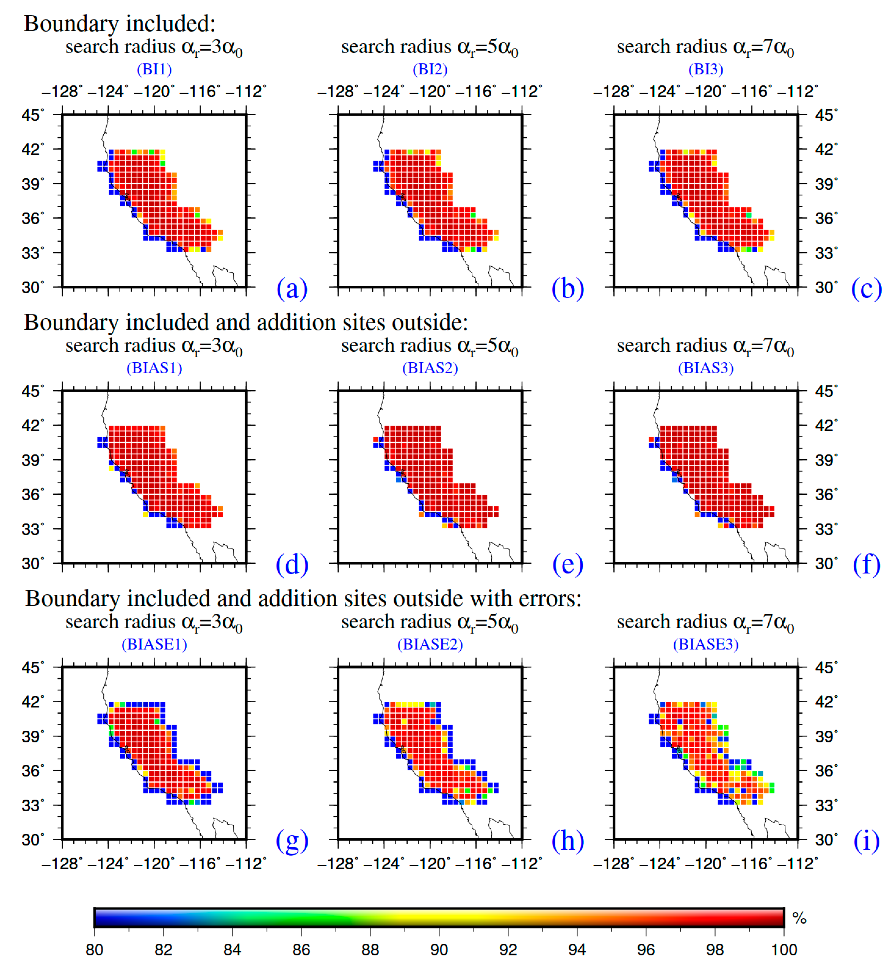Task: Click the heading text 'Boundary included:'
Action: pyautogui.click(x=120, y=23)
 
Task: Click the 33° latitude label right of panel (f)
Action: pyautogui.click(x=826, y=529)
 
